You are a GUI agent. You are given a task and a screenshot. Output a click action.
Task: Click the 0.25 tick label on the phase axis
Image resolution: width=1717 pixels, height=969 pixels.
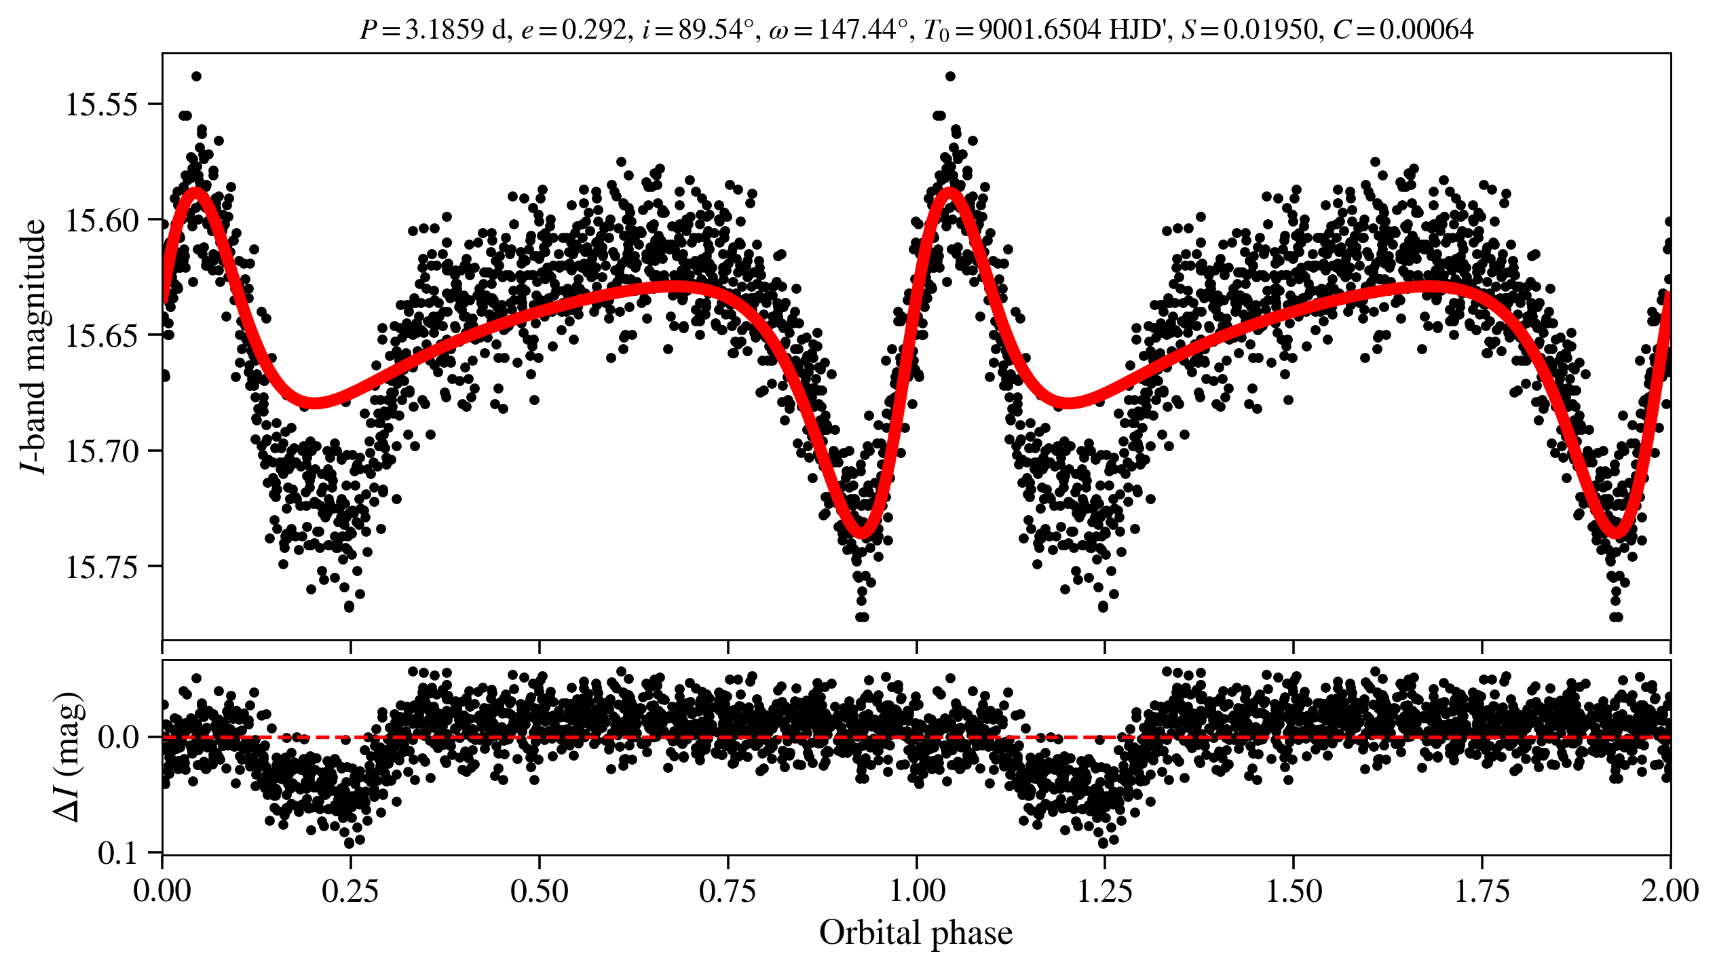click(x=350, y=891)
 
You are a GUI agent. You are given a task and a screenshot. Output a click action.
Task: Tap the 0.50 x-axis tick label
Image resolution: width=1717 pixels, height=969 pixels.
click(x=539, y=891)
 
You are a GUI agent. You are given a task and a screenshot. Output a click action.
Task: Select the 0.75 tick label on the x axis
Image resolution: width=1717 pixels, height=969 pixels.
click(x=728, y=891)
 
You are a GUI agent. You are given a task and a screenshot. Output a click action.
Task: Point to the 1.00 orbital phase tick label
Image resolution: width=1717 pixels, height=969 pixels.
click(x=916, y=891)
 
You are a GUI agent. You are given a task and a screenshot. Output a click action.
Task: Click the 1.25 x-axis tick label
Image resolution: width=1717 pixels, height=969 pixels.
click(x=1105, y=891)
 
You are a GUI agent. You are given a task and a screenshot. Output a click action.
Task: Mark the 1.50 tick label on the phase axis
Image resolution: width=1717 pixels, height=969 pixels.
click(x=1294, y=891)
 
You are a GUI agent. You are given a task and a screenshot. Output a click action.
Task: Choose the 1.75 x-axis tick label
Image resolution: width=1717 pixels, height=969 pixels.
click(x=1482, y=891)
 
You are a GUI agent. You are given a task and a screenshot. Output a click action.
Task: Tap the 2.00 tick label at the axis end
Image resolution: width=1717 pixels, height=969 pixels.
click(x=1669, y=891)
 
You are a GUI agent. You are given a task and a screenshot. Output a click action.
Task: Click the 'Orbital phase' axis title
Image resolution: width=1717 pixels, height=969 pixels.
click(x=916, y=933)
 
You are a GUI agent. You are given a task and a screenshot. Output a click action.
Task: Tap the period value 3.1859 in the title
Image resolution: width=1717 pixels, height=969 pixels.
click(x=445, y=30)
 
